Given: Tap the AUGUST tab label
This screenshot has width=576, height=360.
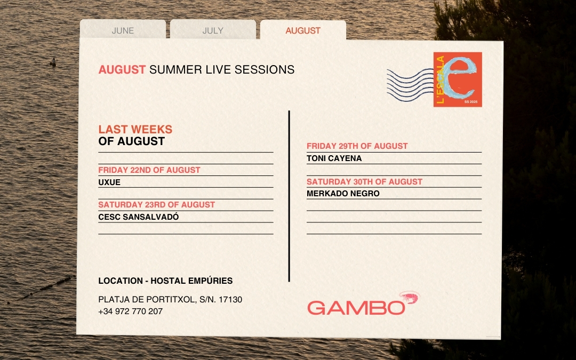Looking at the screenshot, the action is (303, 30).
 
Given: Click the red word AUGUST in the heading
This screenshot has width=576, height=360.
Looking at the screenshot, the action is (122, 69).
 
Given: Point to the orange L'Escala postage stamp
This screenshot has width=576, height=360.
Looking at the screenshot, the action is (458, 79).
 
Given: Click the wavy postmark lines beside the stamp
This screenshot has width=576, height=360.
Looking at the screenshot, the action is (410, 85).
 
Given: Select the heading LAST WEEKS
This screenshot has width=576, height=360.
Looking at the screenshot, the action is (135, 129).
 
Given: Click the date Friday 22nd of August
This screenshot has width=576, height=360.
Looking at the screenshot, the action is (149, 170).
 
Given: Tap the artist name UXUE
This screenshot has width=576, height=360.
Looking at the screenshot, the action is (109, 182).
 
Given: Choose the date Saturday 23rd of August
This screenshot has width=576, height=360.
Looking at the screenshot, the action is (156, 205).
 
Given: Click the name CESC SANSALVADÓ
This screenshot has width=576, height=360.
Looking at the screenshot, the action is (139, 217).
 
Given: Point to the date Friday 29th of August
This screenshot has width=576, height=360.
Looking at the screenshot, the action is (357, 146).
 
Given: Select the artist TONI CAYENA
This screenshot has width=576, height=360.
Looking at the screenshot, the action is (334, 158).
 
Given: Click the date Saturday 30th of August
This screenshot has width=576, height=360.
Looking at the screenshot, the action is (364, 182).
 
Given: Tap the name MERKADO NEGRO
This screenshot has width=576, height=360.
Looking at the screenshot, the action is (343, 194).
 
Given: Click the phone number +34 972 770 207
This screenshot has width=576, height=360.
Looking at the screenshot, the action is (131, 311).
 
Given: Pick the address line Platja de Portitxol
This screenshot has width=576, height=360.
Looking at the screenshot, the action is (170, 299).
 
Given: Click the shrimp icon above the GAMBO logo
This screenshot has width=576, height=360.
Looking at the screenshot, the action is (409, 297).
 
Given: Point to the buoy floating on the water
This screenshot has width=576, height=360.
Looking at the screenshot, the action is (53, 62).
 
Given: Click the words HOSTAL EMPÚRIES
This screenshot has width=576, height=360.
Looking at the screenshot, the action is (191, 281).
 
